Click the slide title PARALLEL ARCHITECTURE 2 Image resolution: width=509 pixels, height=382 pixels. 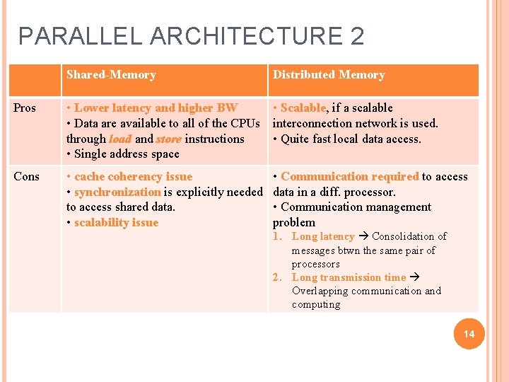click(x=191, y=36)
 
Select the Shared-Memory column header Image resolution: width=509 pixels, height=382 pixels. click(x=111, y=75)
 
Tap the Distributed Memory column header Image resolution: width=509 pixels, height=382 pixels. click(x=329, y=75)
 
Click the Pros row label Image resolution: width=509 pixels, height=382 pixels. click(x=25, y=108)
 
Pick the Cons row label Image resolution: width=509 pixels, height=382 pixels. click(x=26, y=177)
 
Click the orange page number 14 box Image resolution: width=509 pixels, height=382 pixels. click(x=469, y=334)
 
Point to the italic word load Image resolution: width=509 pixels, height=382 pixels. click(x=119, y=139)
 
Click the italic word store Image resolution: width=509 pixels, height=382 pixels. click(x=168, y=139)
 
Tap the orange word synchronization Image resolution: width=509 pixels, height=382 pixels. click(x=117, y=192)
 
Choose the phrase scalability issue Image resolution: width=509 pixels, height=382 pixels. click(x=116, y=223)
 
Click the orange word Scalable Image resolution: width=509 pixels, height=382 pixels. click(x=303, y=108)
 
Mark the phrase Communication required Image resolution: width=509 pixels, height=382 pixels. click(x=349, y=177)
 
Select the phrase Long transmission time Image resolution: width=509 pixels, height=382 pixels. click(x=349, y=277)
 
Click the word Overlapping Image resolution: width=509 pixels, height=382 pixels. click(x=319, y=291)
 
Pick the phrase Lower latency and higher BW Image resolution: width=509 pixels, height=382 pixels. click(x=156, y=108)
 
